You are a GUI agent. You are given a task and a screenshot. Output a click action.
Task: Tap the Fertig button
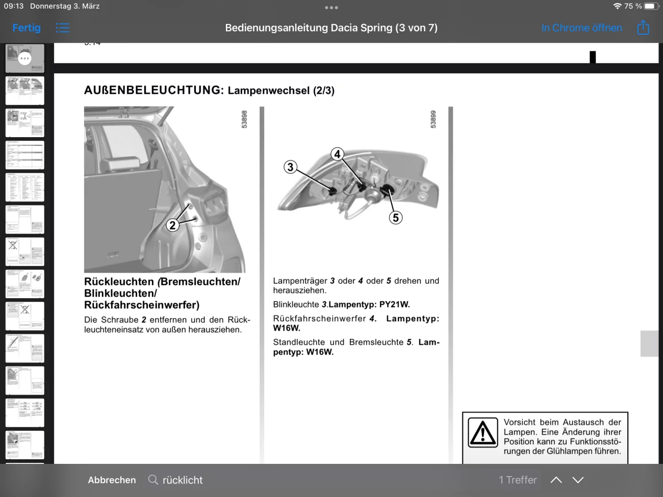click(27, 28)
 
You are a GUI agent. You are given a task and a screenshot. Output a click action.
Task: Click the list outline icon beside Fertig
click(63, 28)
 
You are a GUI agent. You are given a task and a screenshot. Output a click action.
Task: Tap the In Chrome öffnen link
click(581, 28)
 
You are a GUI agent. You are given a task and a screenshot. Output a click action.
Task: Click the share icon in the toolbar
click(643, 28)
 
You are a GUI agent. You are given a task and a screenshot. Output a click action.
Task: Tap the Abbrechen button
click(112, 480)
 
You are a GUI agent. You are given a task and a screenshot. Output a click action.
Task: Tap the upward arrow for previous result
click(556, 480)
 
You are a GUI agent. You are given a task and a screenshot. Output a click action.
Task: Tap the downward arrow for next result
click(578, 480)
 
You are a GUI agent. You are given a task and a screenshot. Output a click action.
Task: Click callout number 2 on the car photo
click(173, 225)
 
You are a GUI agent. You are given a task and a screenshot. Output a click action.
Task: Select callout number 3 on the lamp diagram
click(290, 167)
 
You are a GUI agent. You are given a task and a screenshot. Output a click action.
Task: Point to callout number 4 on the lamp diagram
click(337, 154)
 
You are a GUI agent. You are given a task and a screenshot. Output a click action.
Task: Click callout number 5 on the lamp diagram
click(396, 218)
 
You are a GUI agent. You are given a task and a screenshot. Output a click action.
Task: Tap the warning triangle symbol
click(482, 433)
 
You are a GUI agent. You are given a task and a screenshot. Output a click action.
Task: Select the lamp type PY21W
click(394, 305)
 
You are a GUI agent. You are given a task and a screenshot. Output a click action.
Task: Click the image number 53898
click(244, 119)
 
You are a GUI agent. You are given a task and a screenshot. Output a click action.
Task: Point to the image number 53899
click(433, 119)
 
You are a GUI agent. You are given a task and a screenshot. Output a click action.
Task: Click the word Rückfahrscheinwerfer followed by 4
click(319, 319)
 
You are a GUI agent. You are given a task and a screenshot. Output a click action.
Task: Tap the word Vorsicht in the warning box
click(519, 423)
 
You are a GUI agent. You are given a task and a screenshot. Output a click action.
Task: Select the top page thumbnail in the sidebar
click(24, 58)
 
